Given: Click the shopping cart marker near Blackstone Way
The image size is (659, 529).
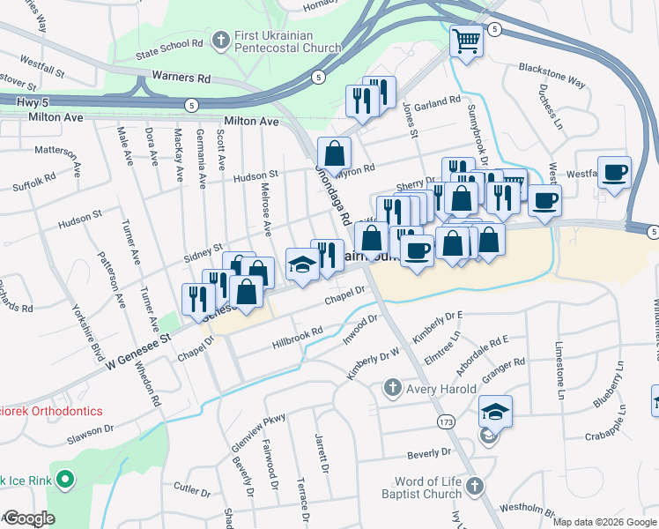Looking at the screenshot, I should (466, 41).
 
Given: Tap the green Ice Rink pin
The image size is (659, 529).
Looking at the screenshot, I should (63, 481).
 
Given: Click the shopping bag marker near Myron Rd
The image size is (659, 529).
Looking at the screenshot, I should (335, 153).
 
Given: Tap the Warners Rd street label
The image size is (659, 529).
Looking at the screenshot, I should (181, 78).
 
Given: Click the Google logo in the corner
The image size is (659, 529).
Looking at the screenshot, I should (28, 518).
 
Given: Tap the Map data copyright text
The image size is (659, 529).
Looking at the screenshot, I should (604, 522).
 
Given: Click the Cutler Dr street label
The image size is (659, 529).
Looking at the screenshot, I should (191, 487).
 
